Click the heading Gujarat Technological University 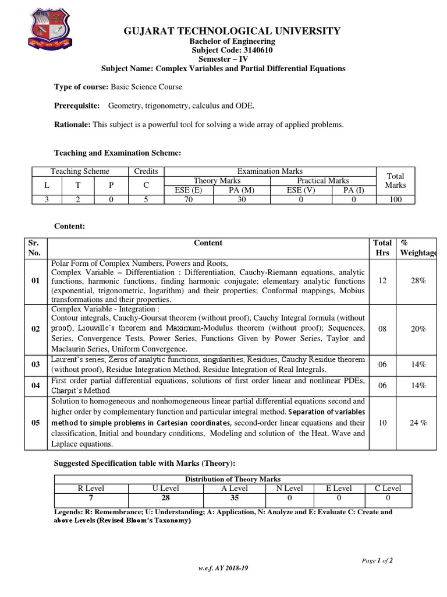pyautogui.click(x=223, y=31)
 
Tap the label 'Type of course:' pyautogui.click(x=81, y=87)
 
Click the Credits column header pyautogui.click(x=146, y=171)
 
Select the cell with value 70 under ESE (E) pyautogui.click(x=189, y=199)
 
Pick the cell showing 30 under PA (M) pyautogui.click(x=242, y=199)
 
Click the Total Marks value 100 pyautogui.click(x=395, y=199)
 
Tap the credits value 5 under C pyautogui.click(x=146, y=199)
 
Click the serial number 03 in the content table pyautogui.click(x=36, y=364)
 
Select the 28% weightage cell pyautogui.click(x=418, y=280)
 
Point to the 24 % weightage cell pyautogui.click(x=418, y=423)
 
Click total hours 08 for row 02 pyautogui.click(x=382, y=329)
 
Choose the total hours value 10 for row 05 pyautogui.click(x=382, y=423)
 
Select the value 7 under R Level pyautogui.click(x=91, y=497)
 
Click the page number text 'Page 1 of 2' pyautogui.click(x=377, y=560)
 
